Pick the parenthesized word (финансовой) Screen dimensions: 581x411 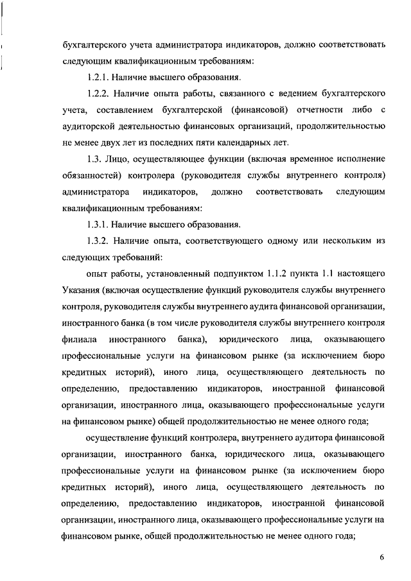[x=256, y=110]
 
